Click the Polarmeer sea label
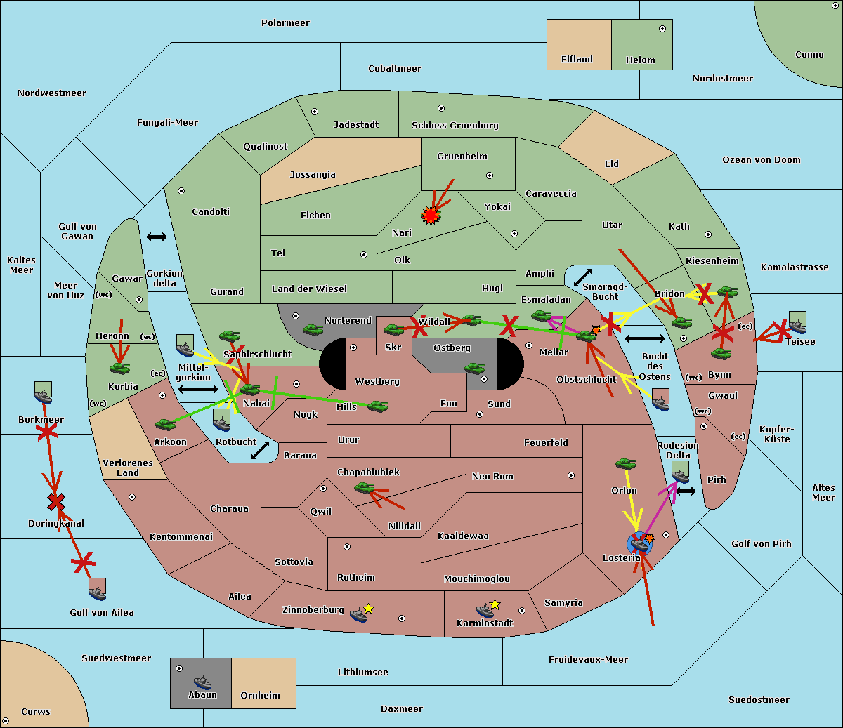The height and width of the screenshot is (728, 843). tap(285, 23)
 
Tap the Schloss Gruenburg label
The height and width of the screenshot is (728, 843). tap(455, 125)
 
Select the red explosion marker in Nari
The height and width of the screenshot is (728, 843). tap(430, 216)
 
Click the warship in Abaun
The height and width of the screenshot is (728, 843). tap(202, 682)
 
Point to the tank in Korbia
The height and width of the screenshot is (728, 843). tap(120, 368)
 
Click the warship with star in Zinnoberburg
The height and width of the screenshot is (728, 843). tap(361, 613)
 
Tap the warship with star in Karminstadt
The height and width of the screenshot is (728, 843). tap(488, 609)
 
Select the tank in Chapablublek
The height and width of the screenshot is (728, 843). tap(364, 487)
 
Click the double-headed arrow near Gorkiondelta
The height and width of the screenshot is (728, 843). tap(157, 237)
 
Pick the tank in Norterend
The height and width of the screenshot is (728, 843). tap(313, 329)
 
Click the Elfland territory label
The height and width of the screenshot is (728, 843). tap(577, 60)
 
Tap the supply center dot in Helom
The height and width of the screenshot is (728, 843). tap(662, 29)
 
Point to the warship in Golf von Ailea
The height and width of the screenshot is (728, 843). tap(98, 590)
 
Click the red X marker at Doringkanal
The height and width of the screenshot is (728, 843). tap(56, 502)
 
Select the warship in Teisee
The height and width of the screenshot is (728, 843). tap(797, 322)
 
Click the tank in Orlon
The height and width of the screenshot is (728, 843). tap(626, 464)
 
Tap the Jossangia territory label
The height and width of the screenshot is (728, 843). tap(313, 175)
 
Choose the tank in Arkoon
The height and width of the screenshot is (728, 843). tap(166, 424)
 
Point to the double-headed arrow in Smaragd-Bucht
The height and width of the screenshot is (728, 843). tap(582, 277)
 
